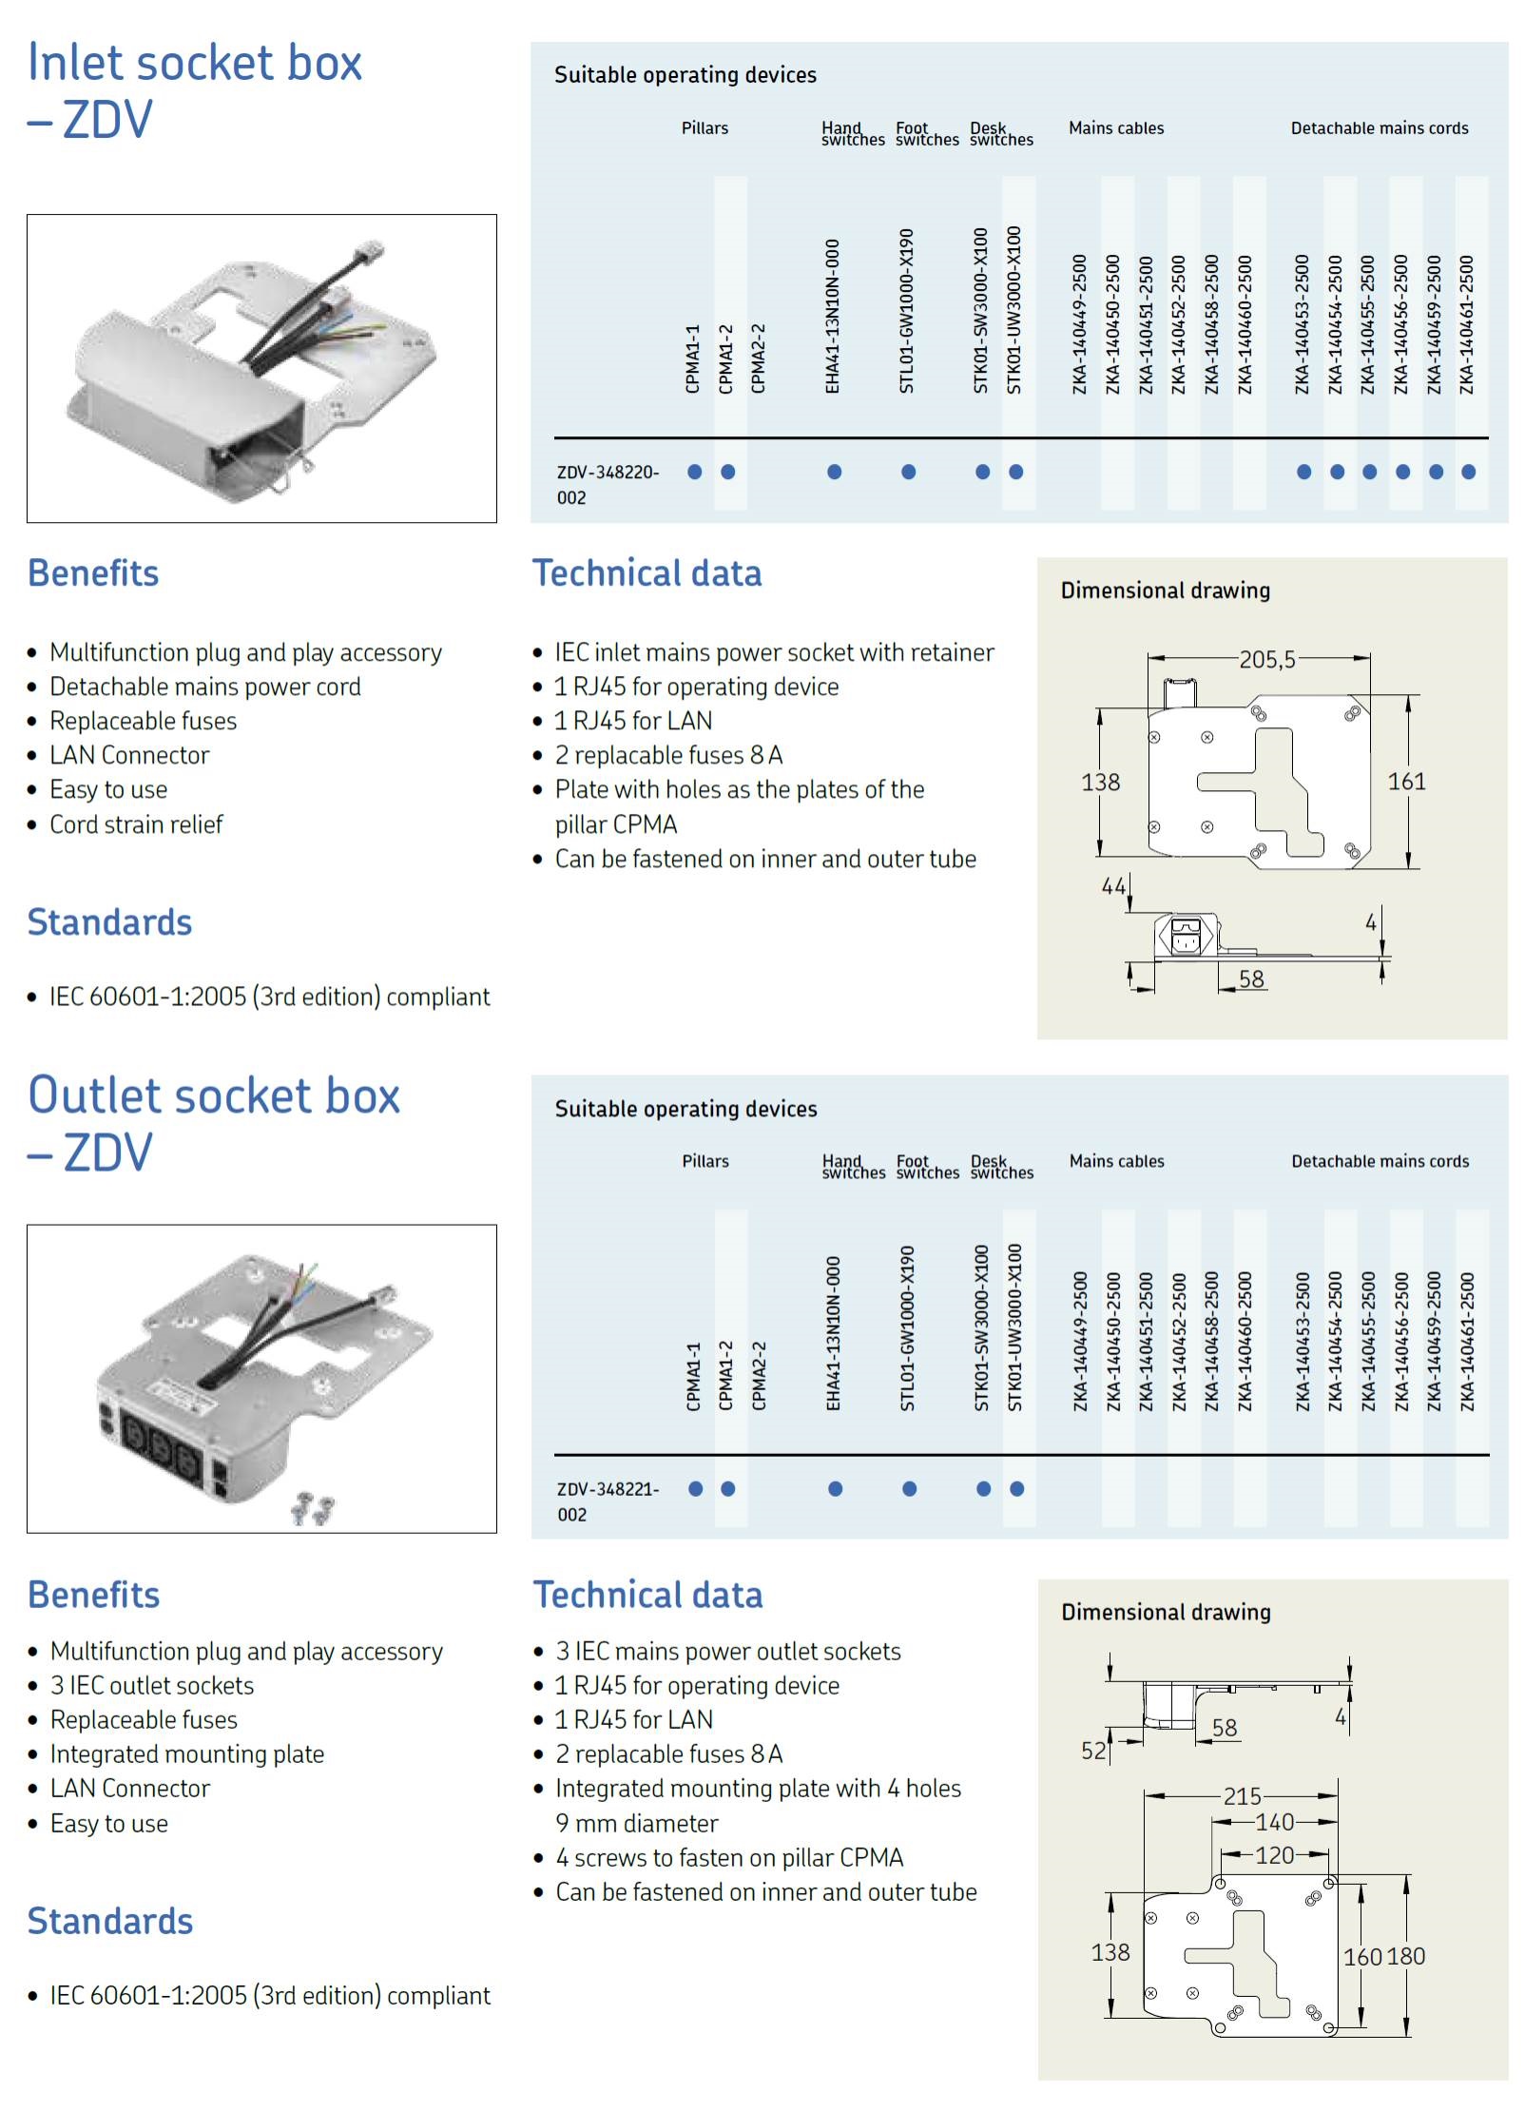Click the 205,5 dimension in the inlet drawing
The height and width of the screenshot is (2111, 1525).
click(x=1266, y=659)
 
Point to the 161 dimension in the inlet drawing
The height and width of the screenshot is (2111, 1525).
click(x=1406, y=782)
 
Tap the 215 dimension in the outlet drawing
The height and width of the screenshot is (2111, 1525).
click(x=1242, y=1796)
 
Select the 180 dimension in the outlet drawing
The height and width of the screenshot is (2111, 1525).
click(x=1406, y=1956)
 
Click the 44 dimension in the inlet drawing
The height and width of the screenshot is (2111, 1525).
click(x=1113, y=886)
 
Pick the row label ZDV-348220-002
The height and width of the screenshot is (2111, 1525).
click(x=608, y=484)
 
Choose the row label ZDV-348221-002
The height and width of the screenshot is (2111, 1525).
click(x=608, y=1501)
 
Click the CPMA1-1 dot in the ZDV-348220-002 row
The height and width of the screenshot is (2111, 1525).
click(x=695, y=472)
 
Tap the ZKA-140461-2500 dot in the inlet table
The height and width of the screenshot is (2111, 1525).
click(x=1468, y=472)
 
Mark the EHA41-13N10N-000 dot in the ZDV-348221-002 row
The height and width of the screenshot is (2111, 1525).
click(x=835, y=1489)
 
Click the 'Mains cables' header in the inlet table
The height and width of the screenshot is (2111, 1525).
click(x=1116, y=128)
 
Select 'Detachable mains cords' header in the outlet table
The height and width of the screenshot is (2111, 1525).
click(x=1380, y=1161)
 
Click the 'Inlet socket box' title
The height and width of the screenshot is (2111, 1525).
click(x=195, y=63)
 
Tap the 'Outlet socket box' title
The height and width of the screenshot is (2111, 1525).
click(x=214, y=1095)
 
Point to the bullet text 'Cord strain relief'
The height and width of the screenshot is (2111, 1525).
click(x=136, y=824)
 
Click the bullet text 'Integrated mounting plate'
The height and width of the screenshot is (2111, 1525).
click(x=187, y=1753)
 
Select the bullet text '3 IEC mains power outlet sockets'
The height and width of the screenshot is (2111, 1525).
click(x=728, y=1651)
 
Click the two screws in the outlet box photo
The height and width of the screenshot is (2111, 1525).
click(x=313, y=1509)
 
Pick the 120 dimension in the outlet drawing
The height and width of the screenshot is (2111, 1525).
click(x=1274, y=1855)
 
